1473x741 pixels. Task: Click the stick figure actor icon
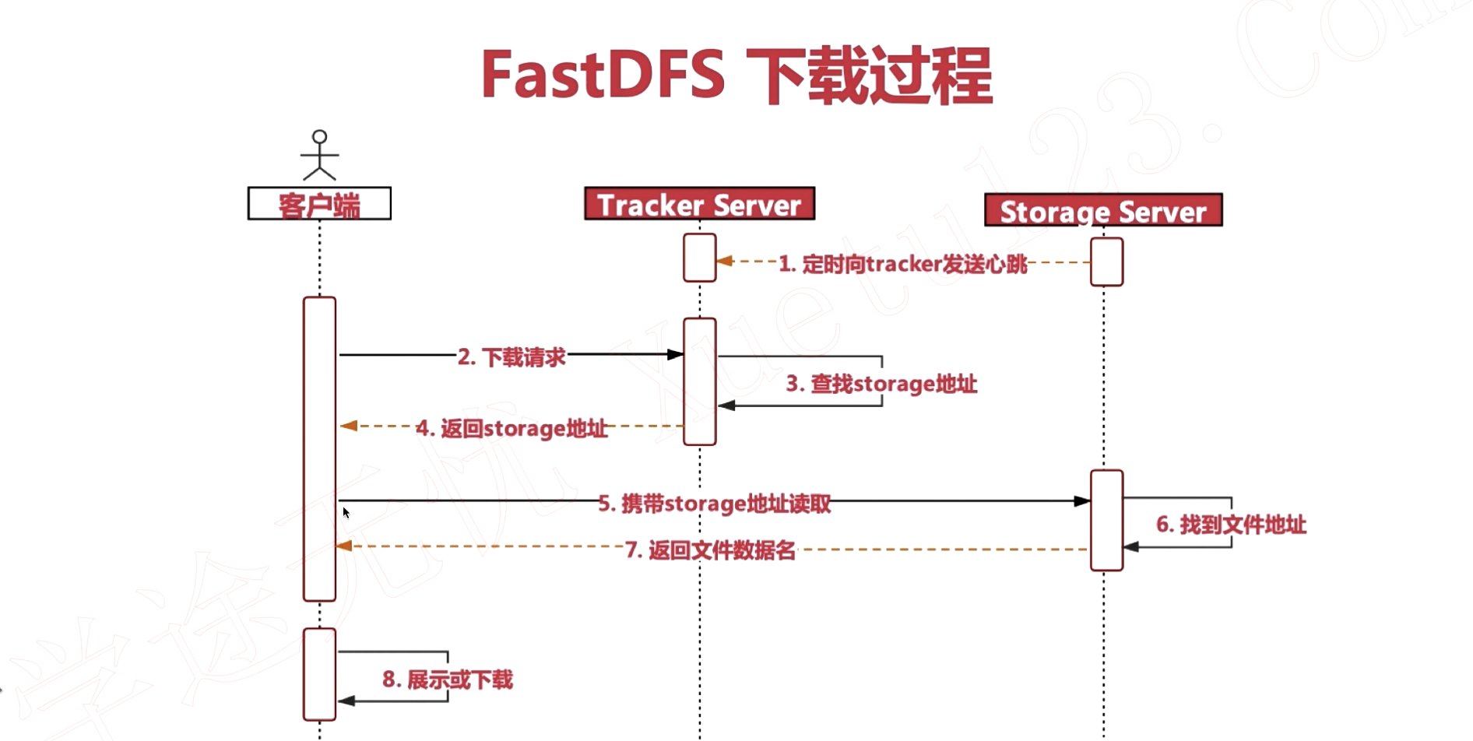click(319, 155)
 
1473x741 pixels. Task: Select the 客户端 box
click(319, 204)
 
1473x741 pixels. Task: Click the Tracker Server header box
click(699, 204)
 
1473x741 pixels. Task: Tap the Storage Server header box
click(1102, 210)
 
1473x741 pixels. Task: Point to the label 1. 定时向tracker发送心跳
click(903, 264)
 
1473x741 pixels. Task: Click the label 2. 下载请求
click(512, 357)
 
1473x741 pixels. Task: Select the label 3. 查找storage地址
click(881, 384)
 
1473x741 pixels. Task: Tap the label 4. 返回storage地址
click(512, 428)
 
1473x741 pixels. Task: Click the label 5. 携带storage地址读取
click(714, 504)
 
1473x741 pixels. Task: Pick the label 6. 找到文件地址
click(1230, 525)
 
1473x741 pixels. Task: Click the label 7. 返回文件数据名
click(710, 551)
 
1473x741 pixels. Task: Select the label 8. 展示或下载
click(448, 680)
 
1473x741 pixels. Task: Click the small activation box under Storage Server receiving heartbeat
click(1106, 262)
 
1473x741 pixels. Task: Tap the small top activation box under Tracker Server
click(699, 258)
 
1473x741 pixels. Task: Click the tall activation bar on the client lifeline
click(319, 448)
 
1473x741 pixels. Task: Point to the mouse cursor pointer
click(346, 512)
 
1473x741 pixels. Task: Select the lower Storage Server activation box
click(1106, 520)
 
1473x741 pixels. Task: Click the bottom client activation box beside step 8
click(319, 674)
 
